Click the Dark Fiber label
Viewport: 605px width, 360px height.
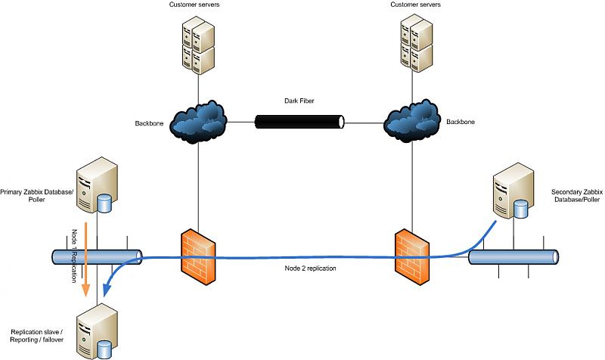[299, 100]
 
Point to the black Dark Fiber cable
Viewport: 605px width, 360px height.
[299, 121]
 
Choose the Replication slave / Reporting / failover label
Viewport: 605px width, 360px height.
[36, 336]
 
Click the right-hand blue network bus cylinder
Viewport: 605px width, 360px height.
[513, 257]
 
